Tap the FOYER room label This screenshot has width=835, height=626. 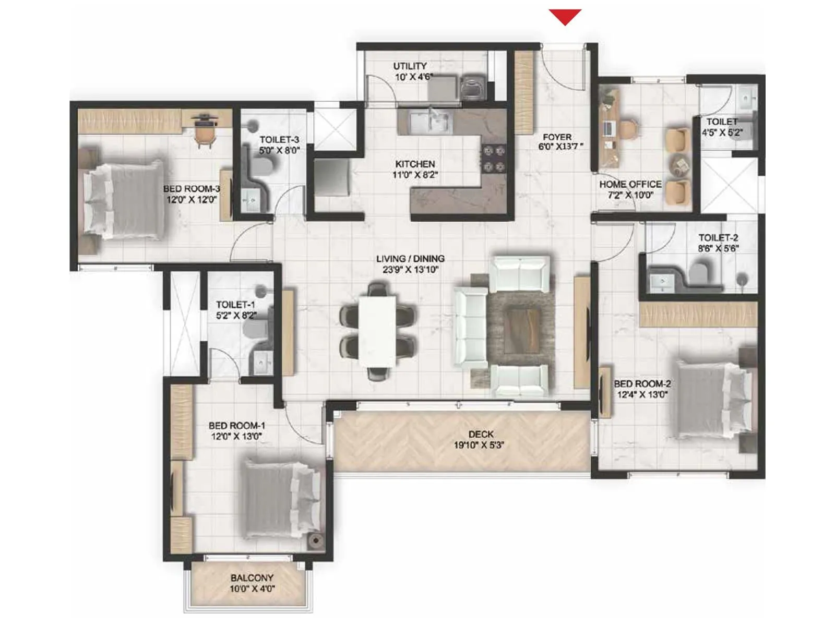tap(557, 137)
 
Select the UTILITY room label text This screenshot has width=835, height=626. tap(410, 66)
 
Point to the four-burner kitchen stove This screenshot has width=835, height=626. tap(494, 159)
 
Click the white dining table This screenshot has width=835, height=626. tap(377, 331)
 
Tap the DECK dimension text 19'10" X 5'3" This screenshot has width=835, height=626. tap(479, 446)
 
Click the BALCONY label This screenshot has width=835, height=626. tap(252, 578)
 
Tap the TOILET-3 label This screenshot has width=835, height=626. tap(279, 140)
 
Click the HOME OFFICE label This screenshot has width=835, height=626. tap(630, 184)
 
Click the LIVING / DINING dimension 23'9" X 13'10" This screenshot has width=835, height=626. tap(410, 270)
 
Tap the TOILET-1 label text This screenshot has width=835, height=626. tap(235, 305)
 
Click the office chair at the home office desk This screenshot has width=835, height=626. tap(628, 130)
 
